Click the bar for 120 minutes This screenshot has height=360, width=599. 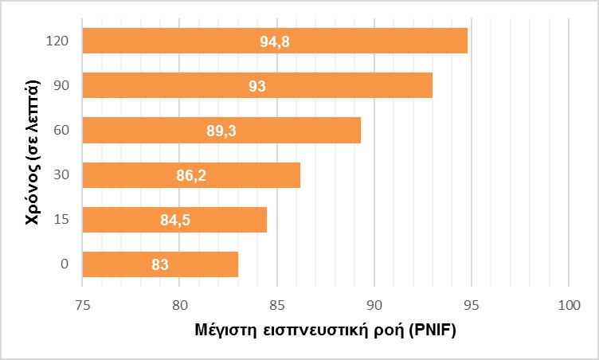[x=275, y=41]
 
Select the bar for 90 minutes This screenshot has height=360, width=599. [x=257, y=85]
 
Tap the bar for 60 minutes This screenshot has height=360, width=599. [x=221, y=130]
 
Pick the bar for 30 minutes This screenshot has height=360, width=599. [x=191, y=174]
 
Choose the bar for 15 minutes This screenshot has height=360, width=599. [x=174, y=219]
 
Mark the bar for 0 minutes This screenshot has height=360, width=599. [x=160, y=264]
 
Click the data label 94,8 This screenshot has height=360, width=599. [x=275, y=41]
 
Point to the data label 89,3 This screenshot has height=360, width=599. [x=221, y=131]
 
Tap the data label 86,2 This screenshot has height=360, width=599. [x=191, y=175]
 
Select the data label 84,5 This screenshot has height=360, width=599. [x=175, y=220]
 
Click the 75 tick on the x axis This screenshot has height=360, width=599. [x=83, y=305]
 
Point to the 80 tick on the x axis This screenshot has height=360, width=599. [x=180, y=305]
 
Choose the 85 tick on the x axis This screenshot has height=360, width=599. [x=277, y=305]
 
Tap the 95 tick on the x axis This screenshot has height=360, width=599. [x=472, y=305]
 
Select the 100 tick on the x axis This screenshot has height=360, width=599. [x=569, y=305]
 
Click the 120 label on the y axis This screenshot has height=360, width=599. [x=57, y=41]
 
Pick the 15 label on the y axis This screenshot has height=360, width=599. [x=61, y=219]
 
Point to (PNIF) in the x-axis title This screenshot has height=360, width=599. [x=432, y=331]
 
